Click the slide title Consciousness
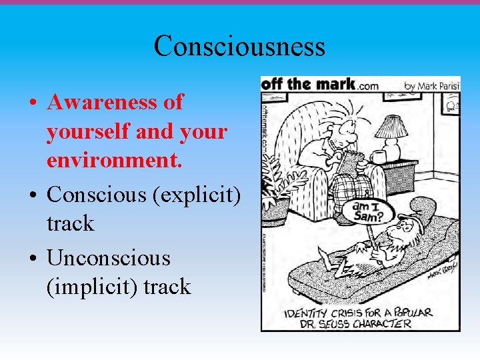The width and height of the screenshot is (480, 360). (x=239, y=46)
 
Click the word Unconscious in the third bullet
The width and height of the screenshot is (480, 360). (x=109, y=257)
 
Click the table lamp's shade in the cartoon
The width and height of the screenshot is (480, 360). (x=391, y=126)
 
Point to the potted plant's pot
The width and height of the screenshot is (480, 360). (x=275, y=210)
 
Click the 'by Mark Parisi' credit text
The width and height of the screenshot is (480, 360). (x=431, y=85)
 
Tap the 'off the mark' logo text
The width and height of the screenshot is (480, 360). (x=309, y=85)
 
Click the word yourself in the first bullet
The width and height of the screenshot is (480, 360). (x=88, y=131)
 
